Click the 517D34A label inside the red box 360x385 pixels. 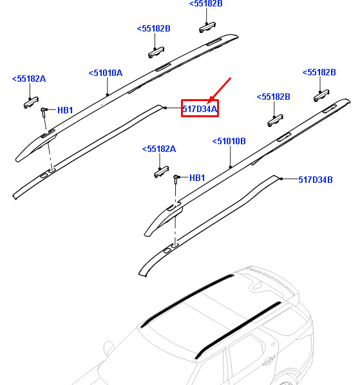coord(200,109)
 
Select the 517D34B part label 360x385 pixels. coord(316,180)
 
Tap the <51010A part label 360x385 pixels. coord(106,73)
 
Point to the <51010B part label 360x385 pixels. coord(229,141)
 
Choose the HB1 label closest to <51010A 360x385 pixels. coord(65,110)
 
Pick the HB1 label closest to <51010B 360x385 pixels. coord(197,178)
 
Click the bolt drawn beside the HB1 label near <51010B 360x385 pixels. coord(176,180)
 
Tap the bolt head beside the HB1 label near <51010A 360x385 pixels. coord(43,109)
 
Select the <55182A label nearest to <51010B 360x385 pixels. coord(159,149)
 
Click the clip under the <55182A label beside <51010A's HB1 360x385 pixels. coord(31,102)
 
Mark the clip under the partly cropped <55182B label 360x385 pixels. coord(207,27)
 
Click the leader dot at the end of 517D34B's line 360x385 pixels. coord(281,179)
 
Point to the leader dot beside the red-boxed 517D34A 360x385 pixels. coord(166,108)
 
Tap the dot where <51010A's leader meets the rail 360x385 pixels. coord(108,95)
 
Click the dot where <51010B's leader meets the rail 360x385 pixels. coord(231,167)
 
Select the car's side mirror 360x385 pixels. coord(108,348)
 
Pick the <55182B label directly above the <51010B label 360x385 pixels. coord(273,97)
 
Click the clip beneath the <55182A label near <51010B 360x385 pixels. coord(162,172)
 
